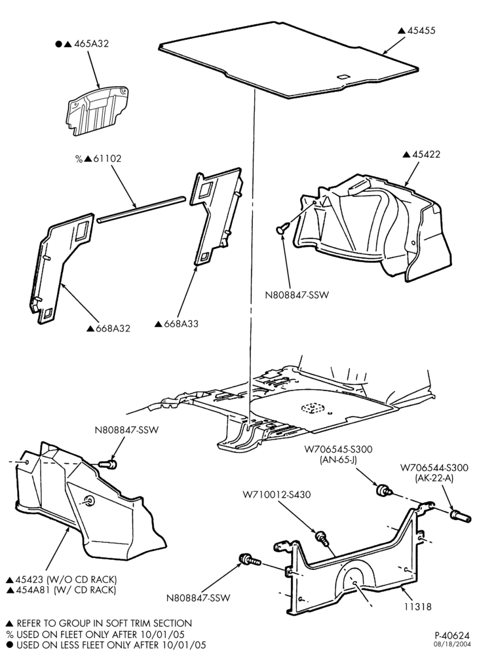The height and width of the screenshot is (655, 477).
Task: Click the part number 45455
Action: coord(421,31)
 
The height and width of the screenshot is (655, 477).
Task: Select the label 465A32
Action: coord(92,43)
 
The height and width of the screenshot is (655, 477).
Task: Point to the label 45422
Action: coord(427,154)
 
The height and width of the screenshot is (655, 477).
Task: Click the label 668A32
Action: coord(113,328)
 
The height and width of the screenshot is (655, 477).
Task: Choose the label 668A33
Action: coord(181,324)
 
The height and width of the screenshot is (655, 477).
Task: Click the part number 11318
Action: coord(417,606)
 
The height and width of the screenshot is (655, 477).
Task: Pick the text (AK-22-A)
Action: coord(434,478)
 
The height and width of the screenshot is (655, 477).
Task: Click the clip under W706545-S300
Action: coord(384,491)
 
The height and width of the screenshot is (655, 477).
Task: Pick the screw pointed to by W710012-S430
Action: coord(322,537)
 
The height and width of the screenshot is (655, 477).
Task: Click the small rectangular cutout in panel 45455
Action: coord(344,77)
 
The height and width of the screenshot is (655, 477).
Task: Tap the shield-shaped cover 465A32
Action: coord(97,111)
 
